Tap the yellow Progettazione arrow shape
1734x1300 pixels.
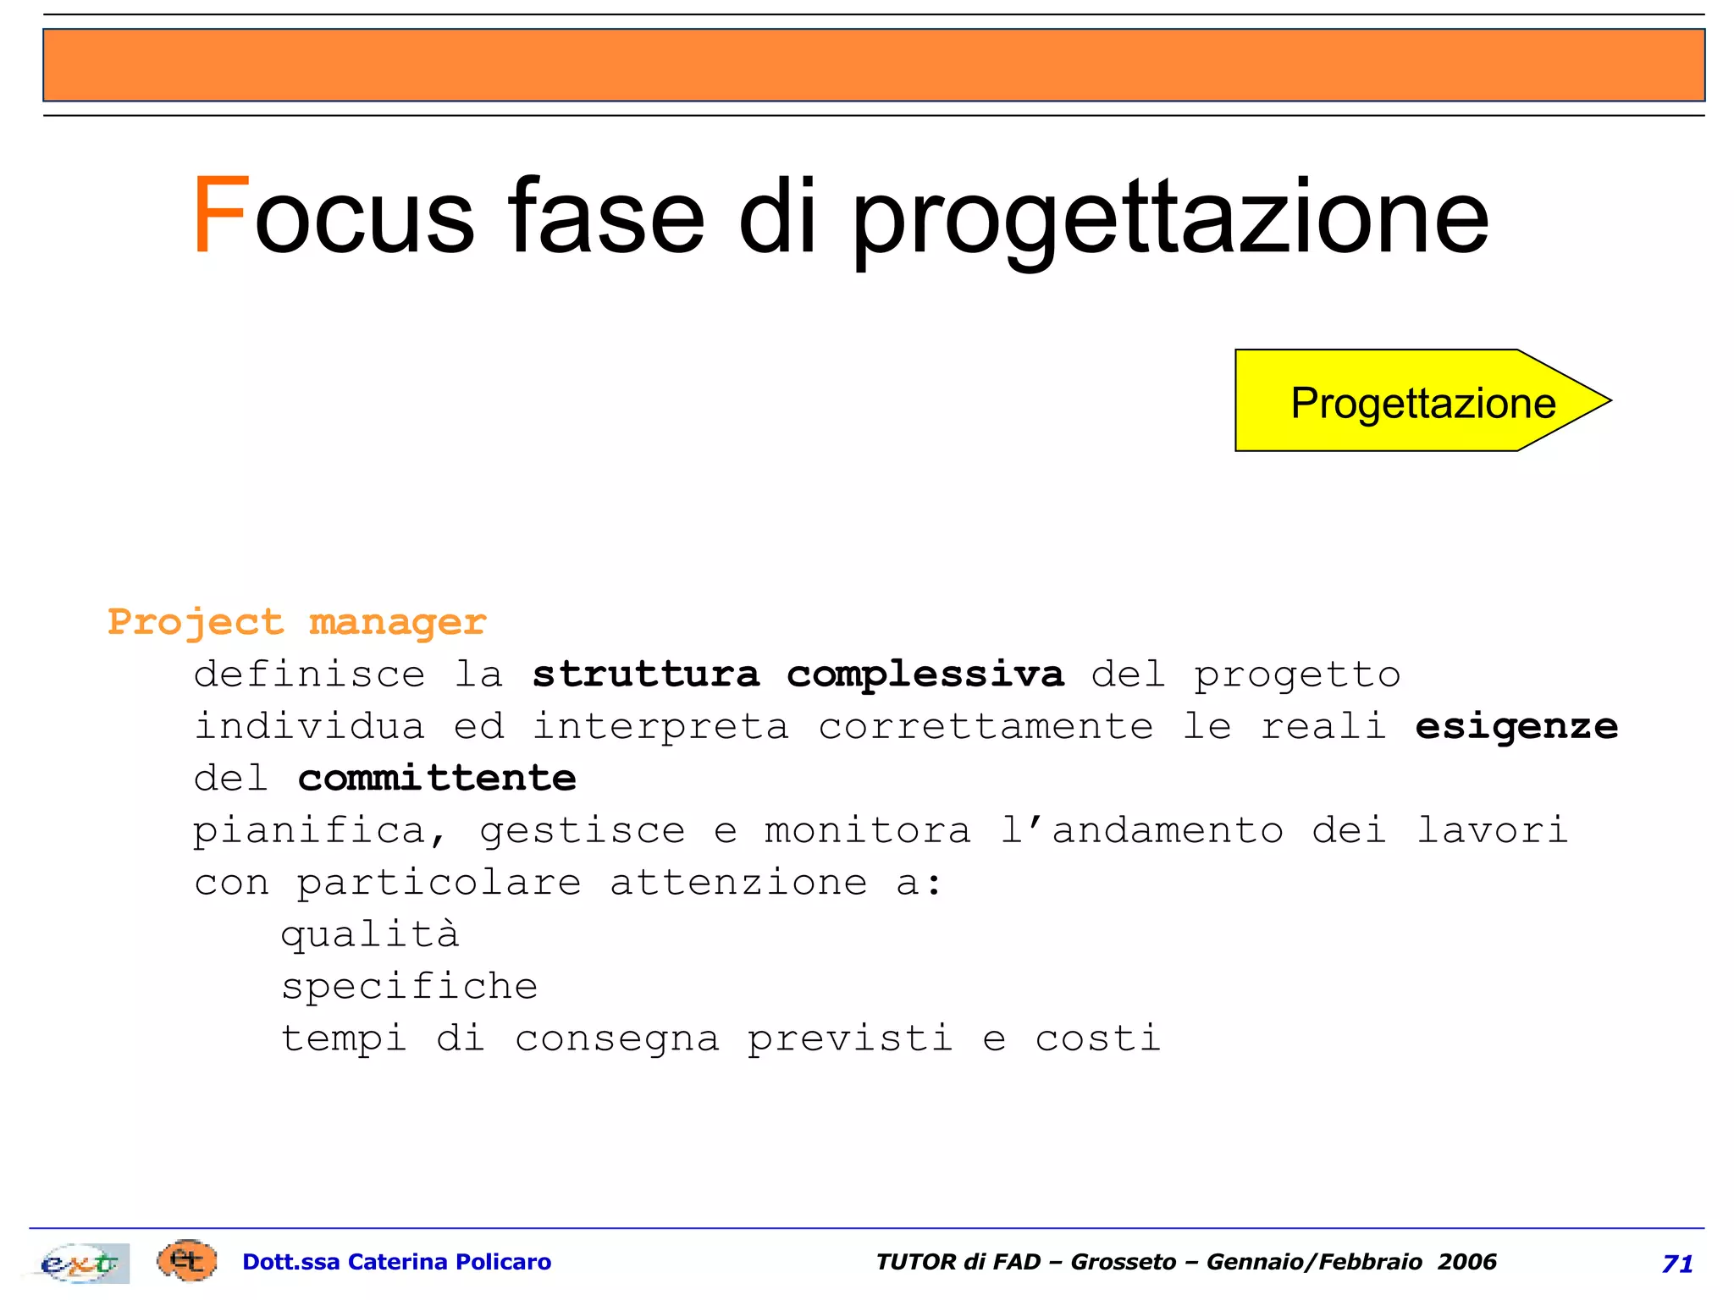(x=1422, y=401)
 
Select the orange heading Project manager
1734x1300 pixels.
(x=297, y=623)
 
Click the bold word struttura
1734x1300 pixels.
(x=646, y=675)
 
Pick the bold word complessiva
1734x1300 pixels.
(x=925, y=675)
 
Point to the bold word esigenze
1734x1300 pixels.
(x=1516, y=727)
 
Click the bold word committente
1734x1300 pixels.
(x=437, y=779)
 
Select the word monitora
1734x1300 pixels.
(x=867, y=830)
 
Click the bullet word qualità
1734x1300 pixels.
(x=370, y=934)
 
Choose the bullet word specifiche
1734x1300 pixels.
(x=410, y=987)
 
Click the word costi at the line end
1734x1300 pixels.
(x=1097, y=1038)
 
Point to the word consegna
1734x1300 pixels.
(x=617, y=1039)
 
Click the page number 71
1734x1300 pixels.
(x=1677, y=1264)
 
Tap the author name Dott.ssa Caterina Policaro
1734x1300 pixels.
(x=396, y=1262)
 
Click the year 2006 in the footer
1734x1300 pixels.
(x=1467, y=1262)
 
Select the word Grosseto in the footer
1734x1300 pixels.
(x=1123, y=1262)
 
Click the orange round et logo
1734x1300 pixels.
(x=187, y=1261)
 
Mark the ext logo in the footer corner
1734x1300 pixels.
(x=80, y=1263)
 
